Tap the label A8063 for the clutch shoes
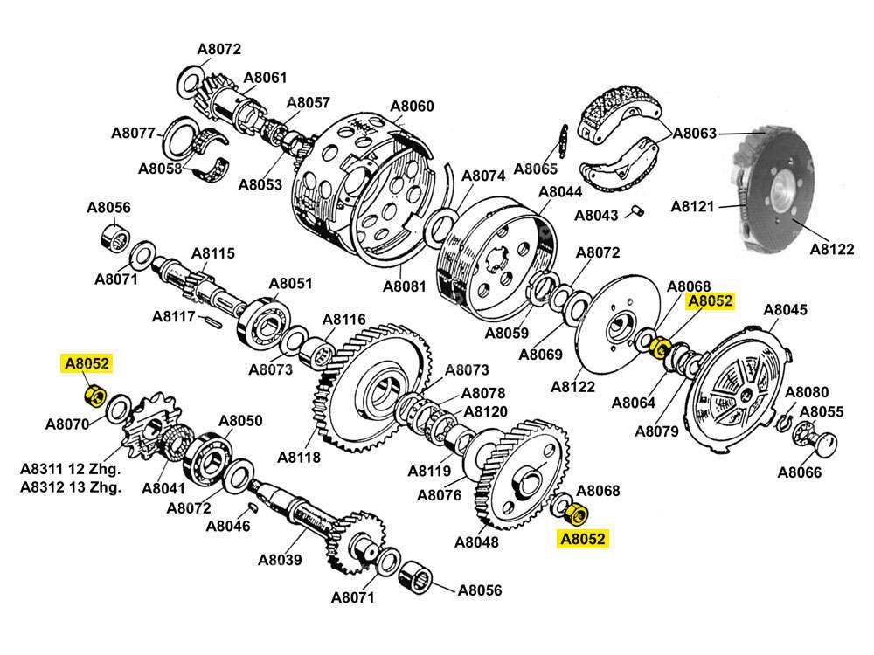(695, 134)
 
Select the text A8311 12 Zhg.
(71, 470)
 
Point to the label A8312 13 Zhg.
(71, 487)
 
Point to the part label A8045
(786, 310)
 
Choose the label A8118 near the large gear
(299, 457)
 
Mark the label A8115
(213, 254)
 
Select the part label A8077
(133, 134)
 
